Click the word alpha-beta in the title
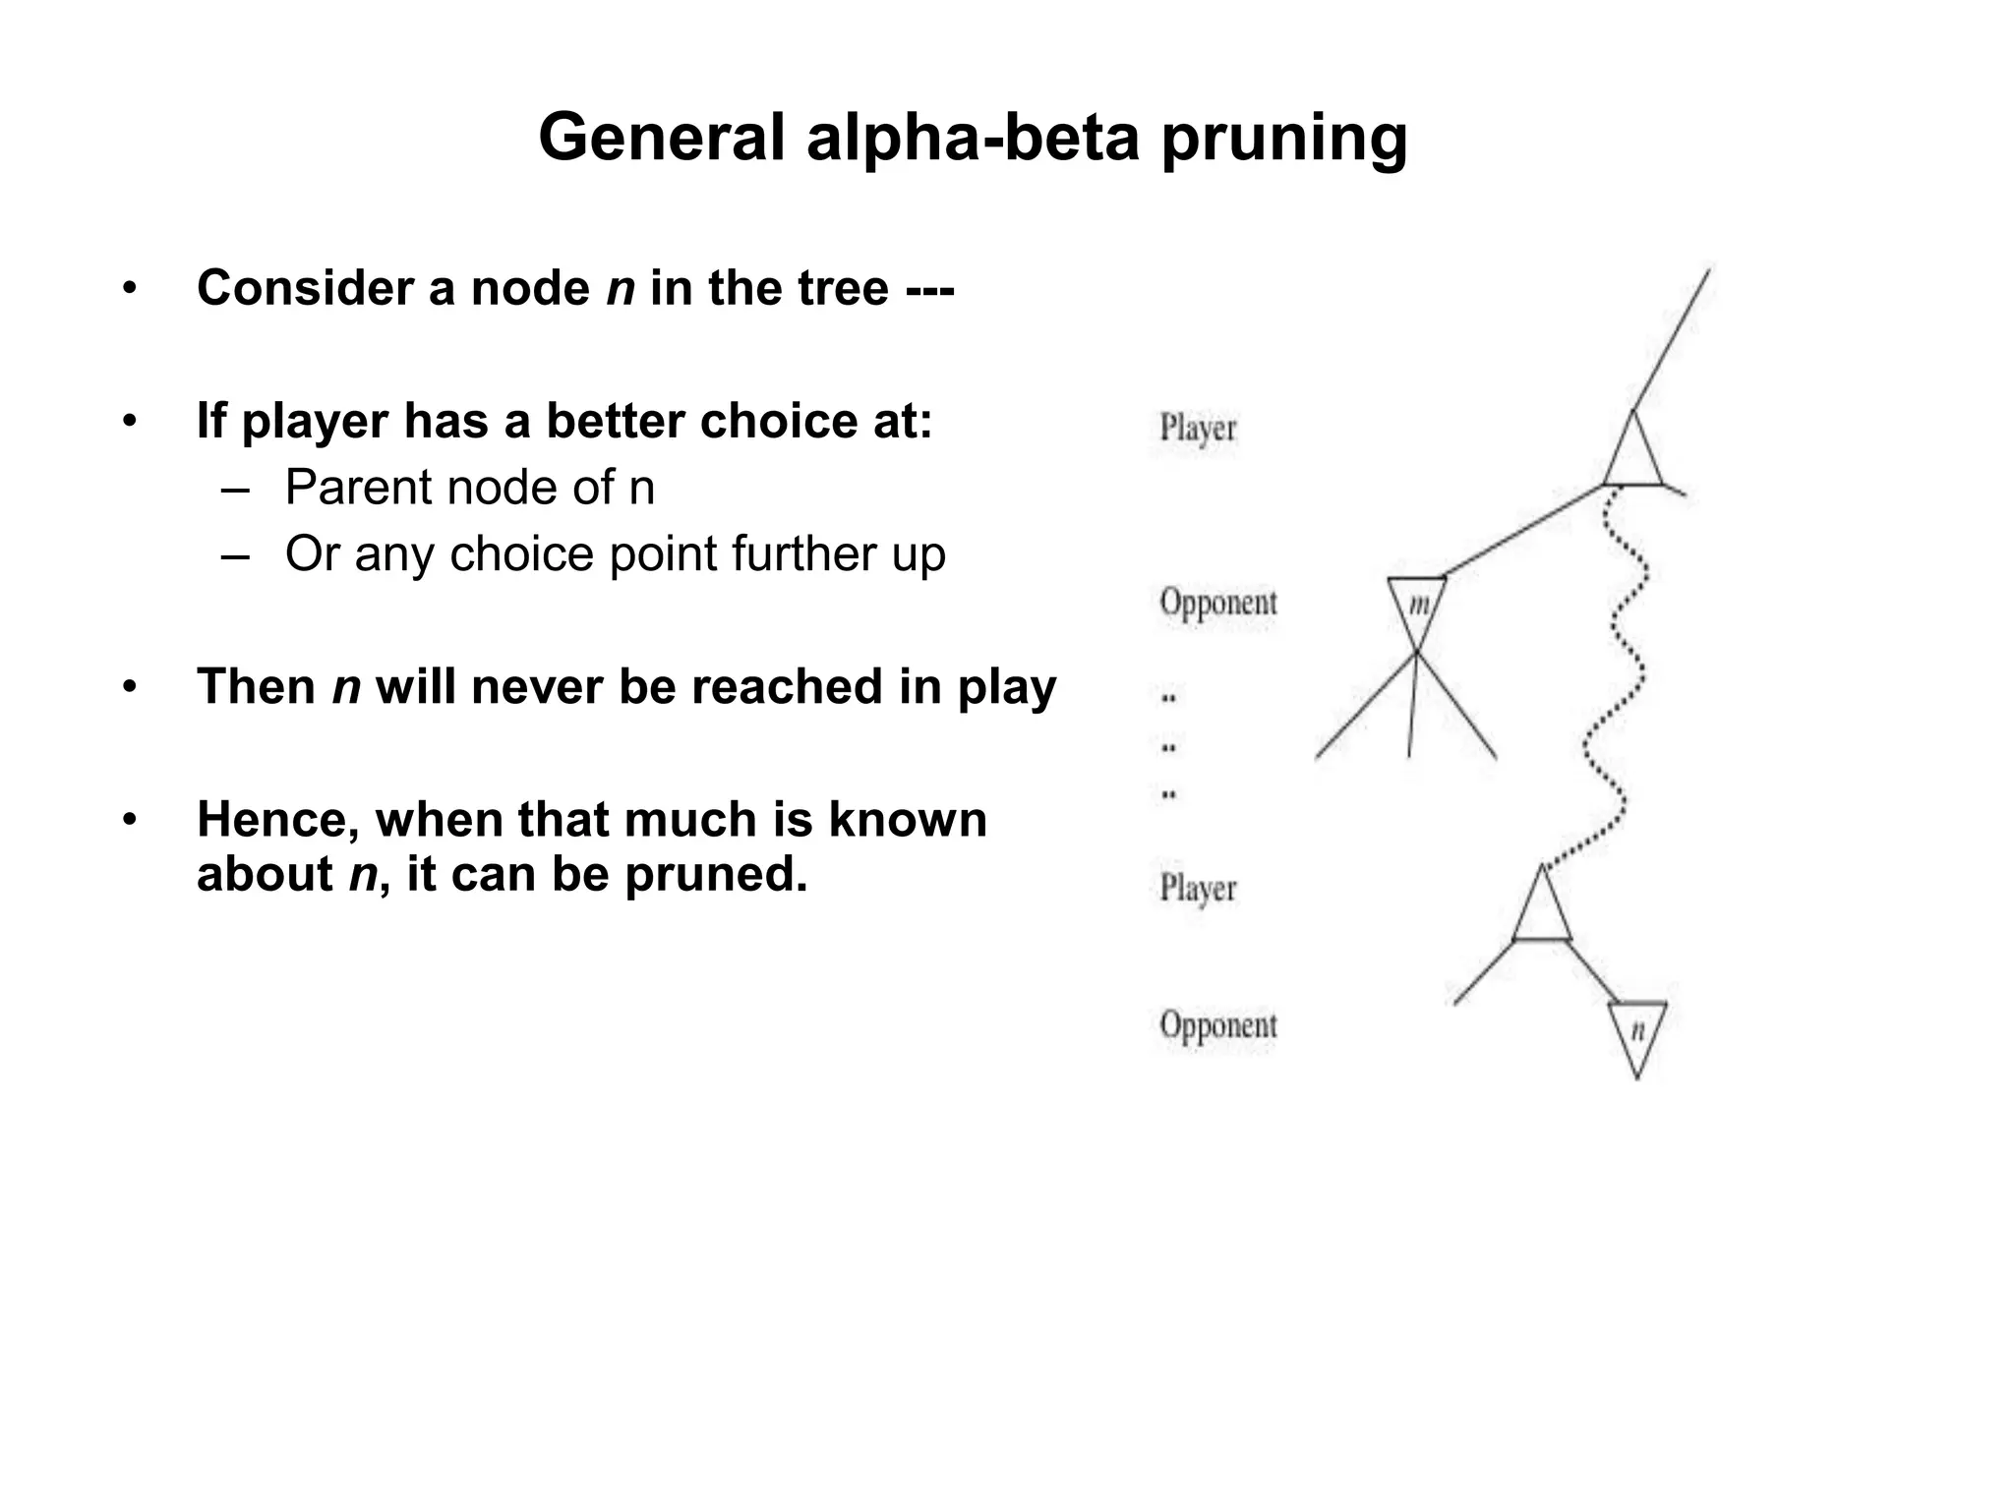(973, 138)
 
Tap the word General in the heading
(662, 138)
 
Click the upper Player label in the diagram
(1197, 429)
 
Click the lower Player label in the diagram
(1197, 888)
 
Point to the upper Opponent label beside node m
(1217, 602)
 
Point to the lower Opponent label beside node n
(1217, 1025)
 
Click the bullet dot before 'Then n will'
(129, 687)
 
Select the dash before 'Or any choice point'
(235, 555)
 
